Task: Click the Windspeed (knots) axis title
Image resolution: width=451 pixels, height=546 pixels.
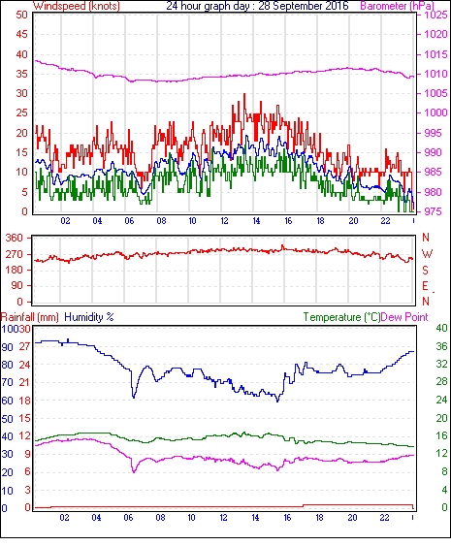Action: coord(77,6)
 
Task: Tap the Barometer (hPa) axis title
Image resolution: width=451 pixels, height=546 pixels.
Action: coord(397,6)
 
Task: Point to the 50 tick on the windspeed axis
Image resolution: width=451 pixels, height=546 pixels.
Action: coord(21,16)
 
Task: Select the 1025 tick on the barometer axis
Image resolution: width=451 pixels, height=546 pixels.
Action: coord(435,15)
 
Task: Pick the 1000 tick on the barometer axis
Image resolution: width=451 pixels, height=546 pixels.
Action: coord(435,112)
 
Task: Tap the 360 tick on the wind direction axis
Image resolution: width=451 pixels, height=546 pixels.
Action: coord(15,239)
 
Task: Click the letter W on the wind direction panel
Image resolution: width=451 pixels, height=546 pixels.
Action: coord(427,254)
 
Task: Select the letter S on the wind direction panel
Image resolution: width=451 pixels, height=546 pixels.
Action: coord(425,270)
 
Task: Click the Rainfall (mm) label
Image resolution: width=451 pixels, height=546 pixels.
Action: coord(30,317)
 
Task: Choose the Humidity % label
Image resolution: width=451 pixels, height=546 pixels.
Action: coord(89,317)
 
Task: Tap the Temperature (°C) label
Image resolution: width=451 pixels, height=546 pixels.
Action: coord(341,317)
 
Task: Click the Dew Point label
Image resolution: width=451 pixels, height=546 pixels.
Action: coord(404,317)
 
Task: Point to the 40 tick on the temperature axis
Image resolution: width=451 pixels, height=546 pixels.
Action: coord(442,328)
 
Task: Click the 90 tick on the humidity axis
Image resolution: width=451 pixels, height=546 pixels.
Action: coord(8,347)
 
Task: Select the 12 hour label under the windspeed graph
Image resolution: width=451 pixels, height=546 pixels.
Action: coord(224,221)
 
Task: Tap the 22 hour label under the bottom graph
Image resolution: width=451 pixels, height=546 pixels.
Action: coord(384,518)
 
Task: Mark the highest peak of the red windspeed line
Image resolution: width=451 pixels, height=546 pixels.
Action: coord(244,94)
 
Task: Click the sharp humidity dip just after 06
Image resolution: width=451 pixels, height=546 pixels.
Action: coord(134,397)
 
